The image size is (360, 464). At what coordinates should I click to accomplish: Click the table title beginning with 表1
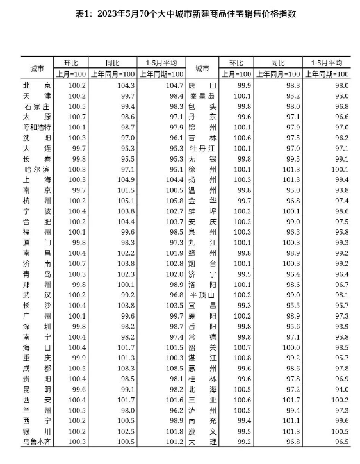[180, 13]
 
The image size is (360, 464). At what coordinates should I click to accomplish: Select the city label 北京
[36, 85]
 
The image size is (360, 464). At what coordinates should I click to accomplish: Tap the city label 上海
[36, 179]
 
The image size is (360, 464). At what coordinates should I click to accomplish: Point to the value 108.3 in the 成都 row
[124, 368]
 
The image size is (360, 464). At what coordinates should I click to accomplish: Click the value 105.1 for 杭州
[124, 201]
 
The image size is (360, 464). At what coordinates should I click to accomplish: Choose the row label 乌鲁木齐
[36, 441]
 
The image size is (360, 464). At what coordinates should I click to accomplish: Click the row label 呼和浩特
[36, 127]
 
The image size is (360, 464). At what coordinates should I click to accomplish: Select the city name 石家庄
[36, 106]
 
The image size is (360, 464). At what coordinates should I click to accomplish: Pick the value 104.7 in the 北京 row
[173, 85]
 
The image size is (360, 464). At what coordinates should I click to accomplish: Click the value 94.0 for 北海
[339, 389]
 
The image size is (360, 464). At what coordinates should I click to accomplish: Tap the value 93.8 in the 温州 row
[339, 190]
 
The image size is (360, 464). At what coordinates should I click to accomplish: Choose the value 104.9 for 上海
[124, 179]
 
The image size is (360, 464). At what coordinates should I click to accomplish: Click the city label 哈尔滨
[36, 169]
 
